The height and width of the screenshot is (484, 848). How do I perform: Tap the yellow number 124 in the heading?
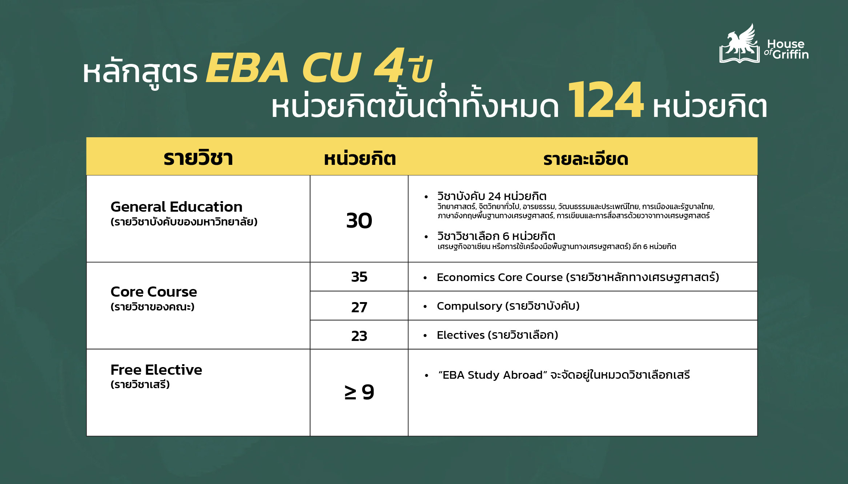coord(605,100)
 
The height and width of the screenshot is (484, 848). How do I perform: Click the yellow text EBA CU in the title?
coord(284,68)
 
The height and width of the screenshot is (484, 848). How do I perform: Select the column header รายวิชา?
coord(198,158)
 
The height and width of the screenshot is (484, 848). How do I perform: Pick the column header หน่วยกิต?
coord(359,159)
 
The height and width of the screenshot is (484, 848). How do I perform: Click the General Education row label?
coord(176,207)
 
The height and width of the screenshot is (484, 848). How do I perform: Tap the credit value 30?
coord(359,221)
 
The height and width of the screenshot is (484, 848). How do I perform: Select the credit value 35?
coord(359,277)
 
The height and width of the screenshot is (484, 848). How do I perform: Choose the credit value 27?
coord(359,308)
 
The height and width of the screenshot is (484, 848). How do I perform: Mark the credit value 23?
coord(359,336)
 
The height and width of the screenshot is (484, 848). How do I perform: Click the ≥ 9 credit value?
coord(359,392)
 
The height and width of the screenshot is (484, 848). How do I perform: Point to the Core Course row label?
coord(153,292)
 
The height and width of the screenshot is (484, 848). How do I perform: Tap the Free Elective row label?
coord(156,370)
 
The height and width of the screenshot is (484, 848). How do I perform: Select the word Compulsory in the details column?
coord(469,306)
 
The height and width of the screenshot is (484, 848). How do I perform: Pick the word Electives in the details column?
coord(461,335)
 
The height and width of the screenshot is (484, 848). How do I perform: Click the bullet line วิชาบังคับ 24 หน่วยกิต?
coord(491,196)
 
